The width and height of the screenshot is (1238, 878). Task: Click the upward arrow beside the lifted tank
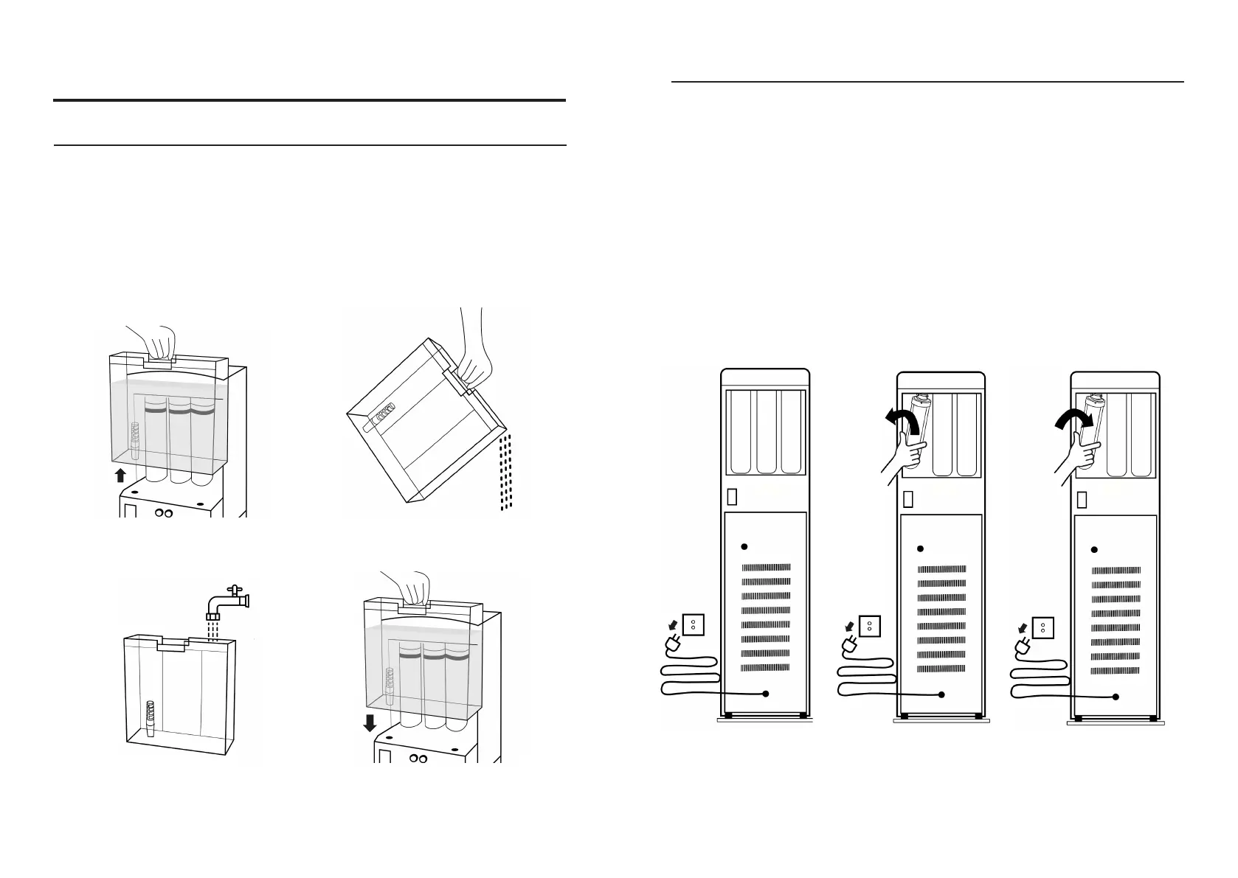coord(121,475)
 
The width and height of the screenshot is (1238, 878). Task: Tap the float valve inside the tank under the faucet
coord(151,719)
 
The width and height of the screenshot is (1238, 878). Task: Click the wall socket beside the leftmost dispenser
coord(694,624)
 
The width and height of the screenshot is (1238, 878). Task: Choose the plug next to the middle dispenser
coord(849,647)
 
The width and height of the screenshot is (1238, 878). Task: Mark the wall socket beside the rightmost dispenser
coord(1042,627)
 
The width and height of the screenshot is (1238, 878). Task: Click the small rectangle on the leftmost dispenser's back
coord(732,498)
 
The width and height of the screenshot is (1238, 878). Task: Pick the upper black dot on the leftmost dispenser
coord(744,546)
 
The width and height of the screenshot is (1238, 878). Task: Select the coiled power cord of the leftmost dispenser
coord(690,675)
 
